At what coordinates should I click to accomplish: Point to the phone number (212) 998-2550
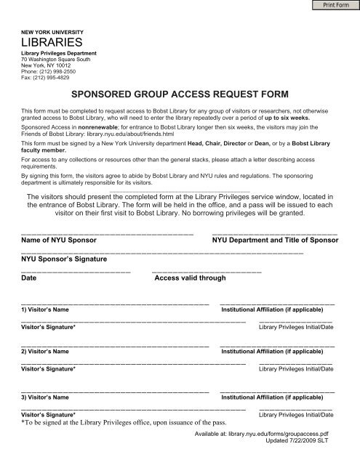59,70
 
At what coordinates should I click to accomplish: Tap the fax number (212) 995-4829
55,76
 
